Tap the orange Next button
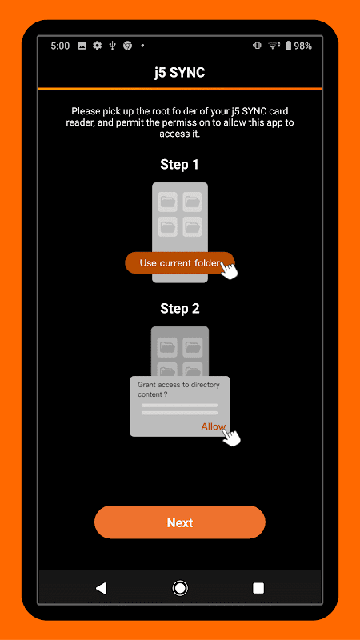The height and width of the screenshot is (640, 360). (x=179, y=522)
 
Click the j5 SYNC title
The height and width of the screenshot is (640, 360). (x=179, y=73)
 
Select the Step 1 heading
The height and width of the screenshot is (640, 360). (x=179, y=165)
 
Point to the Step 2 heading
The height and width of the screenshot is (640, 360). (x=179, y=308)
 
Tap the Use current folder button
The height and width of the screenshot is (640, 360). (x=179, y=263)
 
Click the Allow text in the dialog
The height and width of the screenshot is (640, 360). (x=213, y=426)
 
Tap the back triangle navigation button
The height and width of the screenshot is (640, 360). (x=101, y=588)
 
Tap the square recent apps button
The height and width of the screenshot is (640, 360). (x=258, y=588)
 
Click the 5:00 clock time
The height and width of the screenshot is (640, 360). (x=60, y=46)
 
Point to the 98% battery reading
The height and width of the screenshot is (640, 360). (x=303, y=46)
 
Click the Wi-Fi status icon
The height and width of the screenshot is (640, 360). (x=273, y=46)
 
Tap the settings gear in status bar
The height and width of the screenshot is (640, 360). (x=97, y=46)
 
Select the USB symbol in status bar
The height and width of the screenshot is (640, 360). (x=113, y=46)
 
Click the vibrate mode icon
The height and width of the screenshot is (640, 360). (x=257, y=46)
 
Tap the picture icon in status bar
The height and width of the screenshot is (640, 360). (x=82, y=46)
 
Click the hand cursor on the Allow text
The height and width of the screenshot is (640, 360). (x=231, y=436)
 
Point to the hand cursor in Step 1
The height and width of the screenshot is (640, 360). (x=229, y=270)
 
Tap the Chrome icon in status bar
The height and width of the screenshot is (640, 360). (x=128, y=46)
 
